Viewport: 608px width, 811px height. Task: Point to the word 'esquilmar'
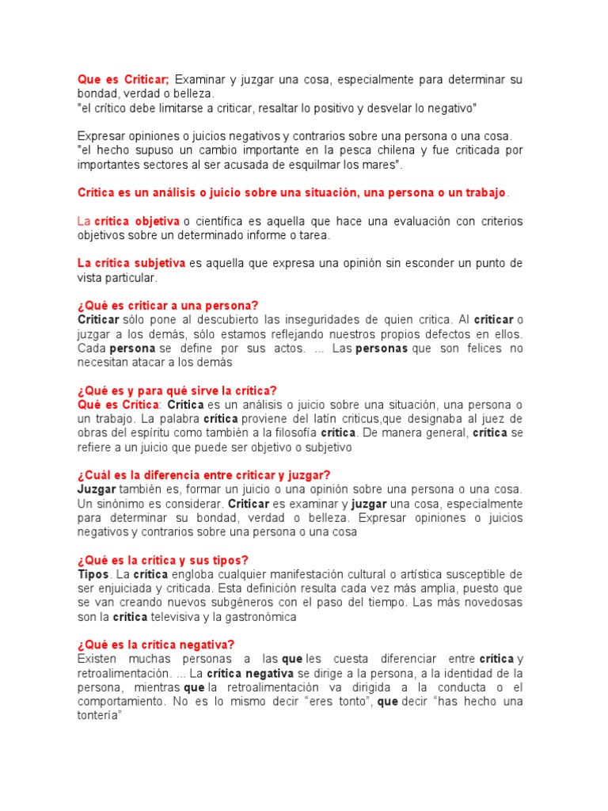click(311, 164)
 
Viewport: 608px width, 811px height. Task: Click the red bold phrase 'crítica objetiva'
click(137, 221)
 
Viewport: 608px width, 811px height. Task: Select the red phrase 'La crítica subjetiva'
click(131, 263)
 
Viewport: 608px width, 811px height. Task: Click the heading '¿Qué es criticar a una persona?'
click(168, 306)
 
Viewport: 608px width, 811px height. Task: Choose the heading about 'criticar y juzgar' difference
click(203, 475)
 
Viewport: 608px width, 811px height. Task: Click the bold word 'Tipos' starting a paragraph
click(93, 574)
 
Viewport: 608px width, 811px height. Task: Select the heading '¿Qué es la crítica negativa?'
click(156, 645)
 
